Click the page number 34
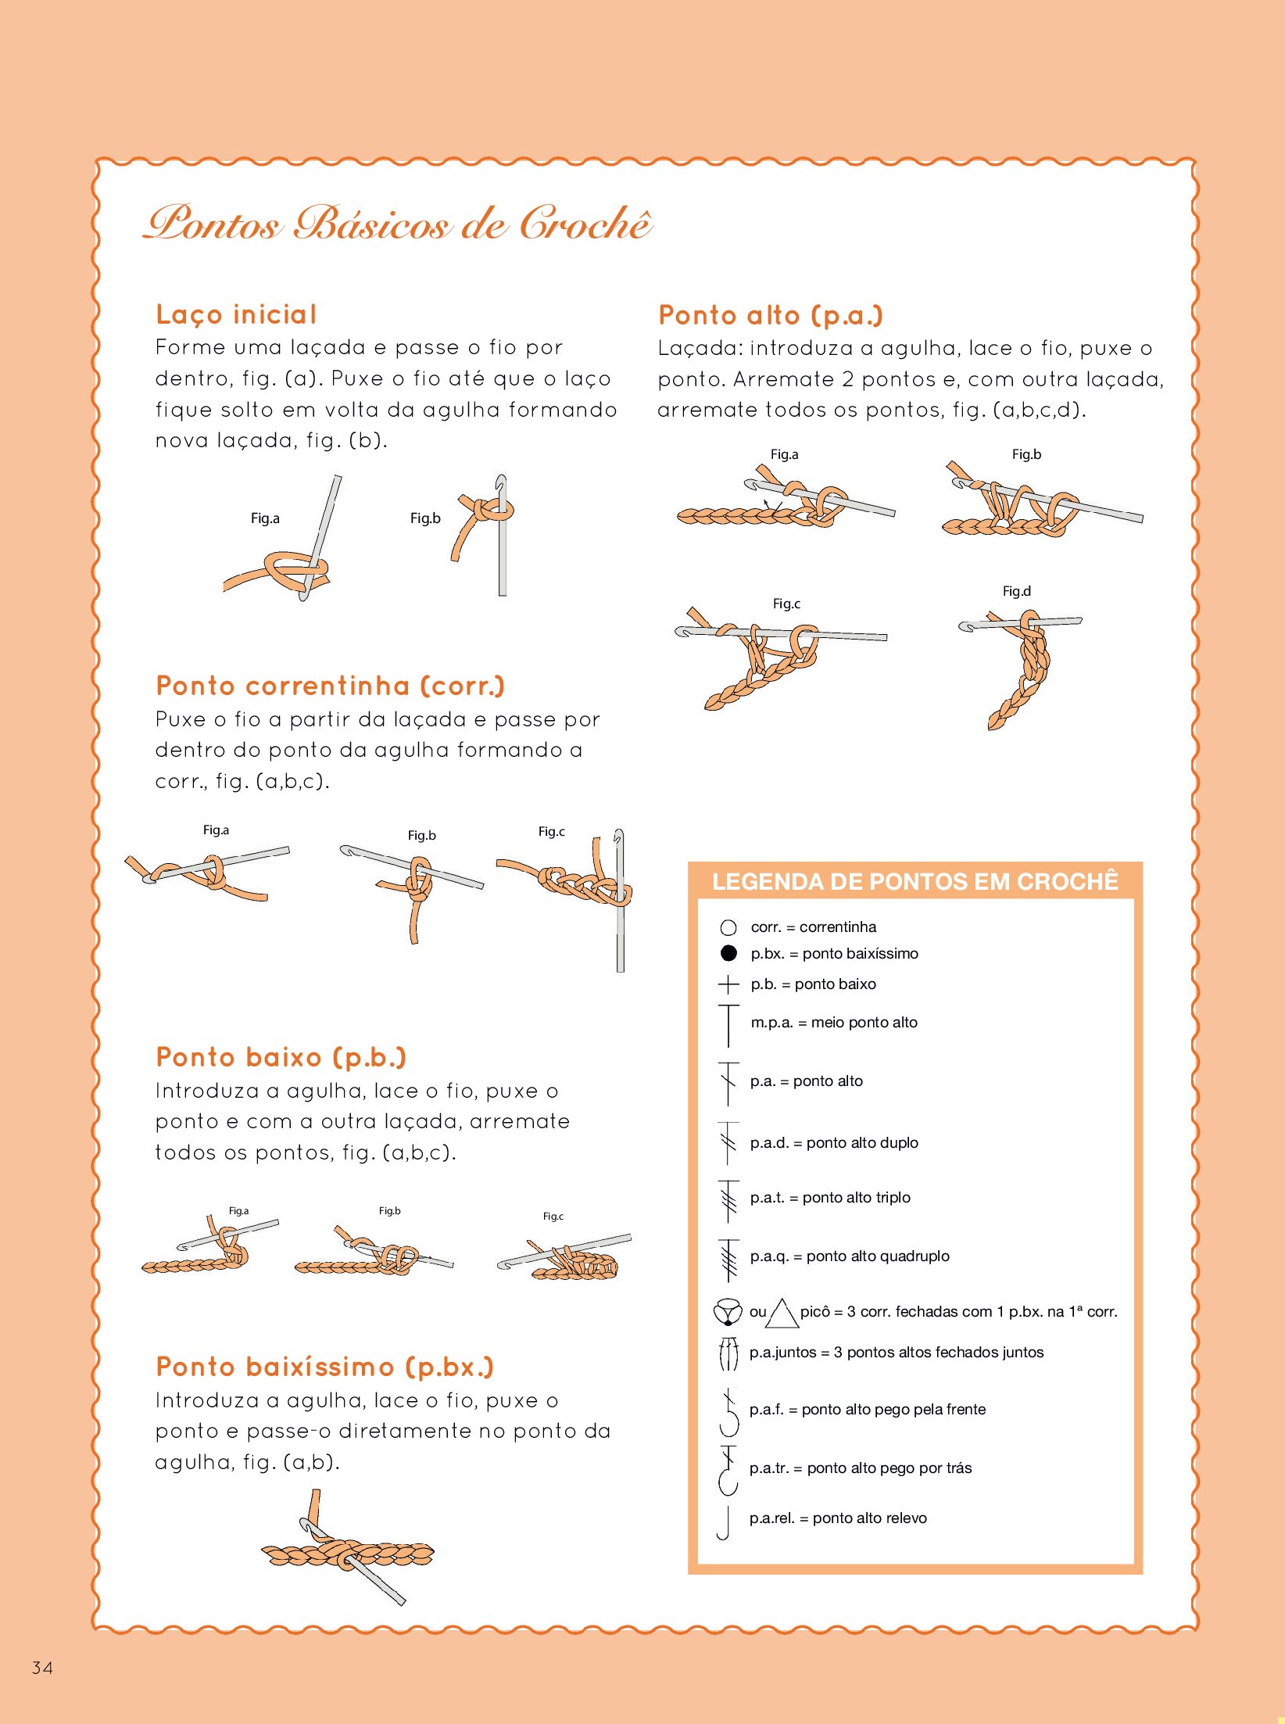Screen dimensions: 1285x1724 click(42, 1668)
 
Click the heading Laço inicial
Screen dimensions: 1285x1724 click(236, 314)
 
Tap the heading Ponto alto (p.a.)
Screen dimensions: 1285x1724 click(771, 315)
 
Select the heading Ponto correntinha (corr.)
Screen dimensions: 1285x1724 click(331, 686)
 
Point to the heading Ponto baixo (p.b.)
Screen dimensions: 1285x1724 click(281, 1057)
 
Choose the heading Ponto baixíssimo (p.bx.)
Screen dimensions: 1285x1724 click(325, 1367)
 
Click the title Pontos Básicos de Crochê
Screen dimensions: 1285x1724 click(398, 223)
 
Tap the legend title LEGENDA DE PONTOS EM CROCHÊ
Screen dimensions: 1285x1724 click(915, 882)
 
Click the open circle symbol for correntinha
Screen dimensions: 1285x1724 click(728, 927)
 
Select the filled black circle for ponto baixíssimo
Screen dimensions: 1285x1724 click(728, 953)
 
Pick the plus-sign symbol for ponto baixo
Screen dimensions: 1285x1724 click(728, 984)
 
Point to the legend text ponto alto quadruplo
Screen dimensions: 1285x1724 click(878, 1256)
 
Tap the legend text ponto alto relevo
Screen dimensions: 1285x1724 click(870, 1518)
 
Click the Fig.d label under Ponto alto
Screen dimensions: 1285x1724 click(1017, 591)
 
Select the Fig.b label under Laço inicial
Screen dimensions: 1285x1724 click(425, 518)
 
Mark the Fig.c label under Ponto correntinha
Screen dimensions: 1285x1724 click(551, 831)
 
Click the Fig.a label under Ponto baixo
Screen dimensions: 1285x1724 click(238, 1210)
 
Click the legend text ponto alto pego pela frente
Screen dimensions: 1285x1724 click(893, 1409)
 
